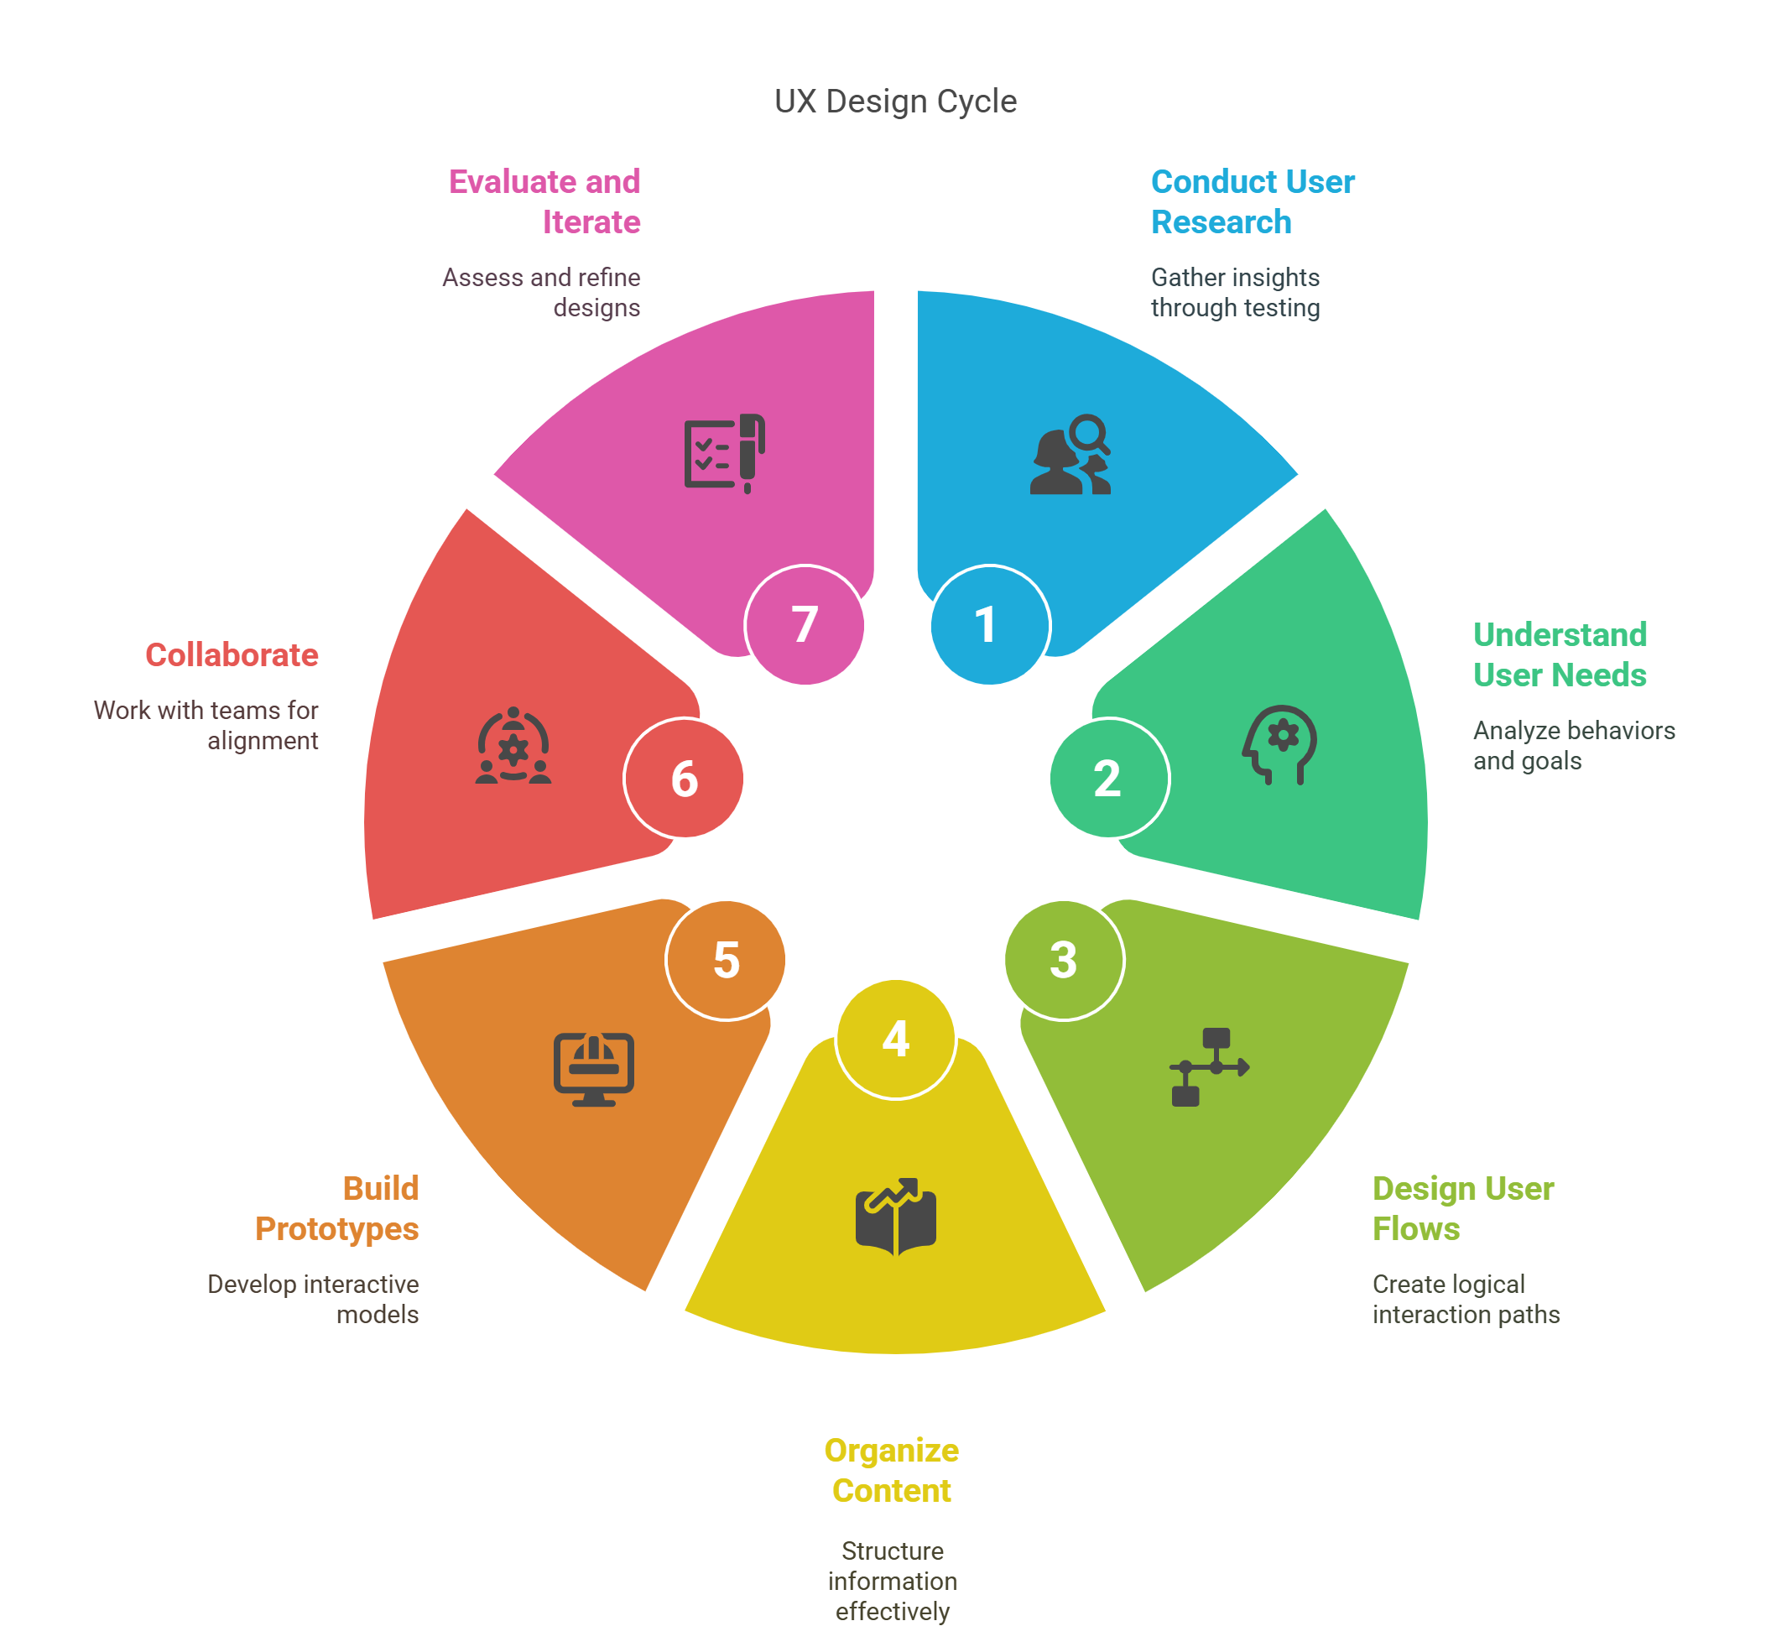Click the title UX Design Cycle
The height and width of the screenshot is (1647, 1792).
(x=894, y=102)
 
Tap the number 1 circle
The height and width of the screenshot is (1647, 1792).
(x=989, y=625)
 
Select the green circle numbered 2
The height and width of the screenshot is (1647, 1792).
(x=1108, y=778)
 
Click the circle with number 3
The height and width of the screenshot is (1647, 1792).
(x=1064, y=960)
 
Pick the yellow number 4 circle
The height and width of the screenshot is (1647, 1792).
(x=895, y=1040)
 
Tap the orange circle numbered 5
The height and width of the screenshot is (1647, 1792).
(x=726, y=960)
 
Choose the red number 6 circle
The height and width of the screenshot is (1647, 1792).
(x=684, y=778)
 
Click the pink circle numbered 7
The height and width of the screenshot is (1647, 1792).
(x=805, y=625)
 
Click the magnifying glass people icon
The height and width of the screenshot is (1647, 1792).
(x=1071, y=454)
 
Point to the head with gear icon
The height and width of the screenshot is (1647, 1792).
(x=1279, y=745)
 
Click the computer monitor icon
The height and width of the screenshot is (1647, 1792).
(x=593, y=1070)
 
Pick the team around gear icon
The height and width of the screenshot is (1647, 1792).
(x=513, y=745)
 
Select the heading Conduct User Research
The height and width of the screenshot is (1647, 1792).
(x=1252, y=201)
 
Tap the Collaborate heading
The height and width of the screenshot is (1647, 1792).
(x=232, y=655)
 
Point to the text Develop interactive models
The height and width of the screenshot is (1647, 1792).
(x=313, y=1300)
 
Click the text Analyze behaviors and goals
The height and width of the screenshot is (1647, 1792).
(x=1575, y=746)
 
